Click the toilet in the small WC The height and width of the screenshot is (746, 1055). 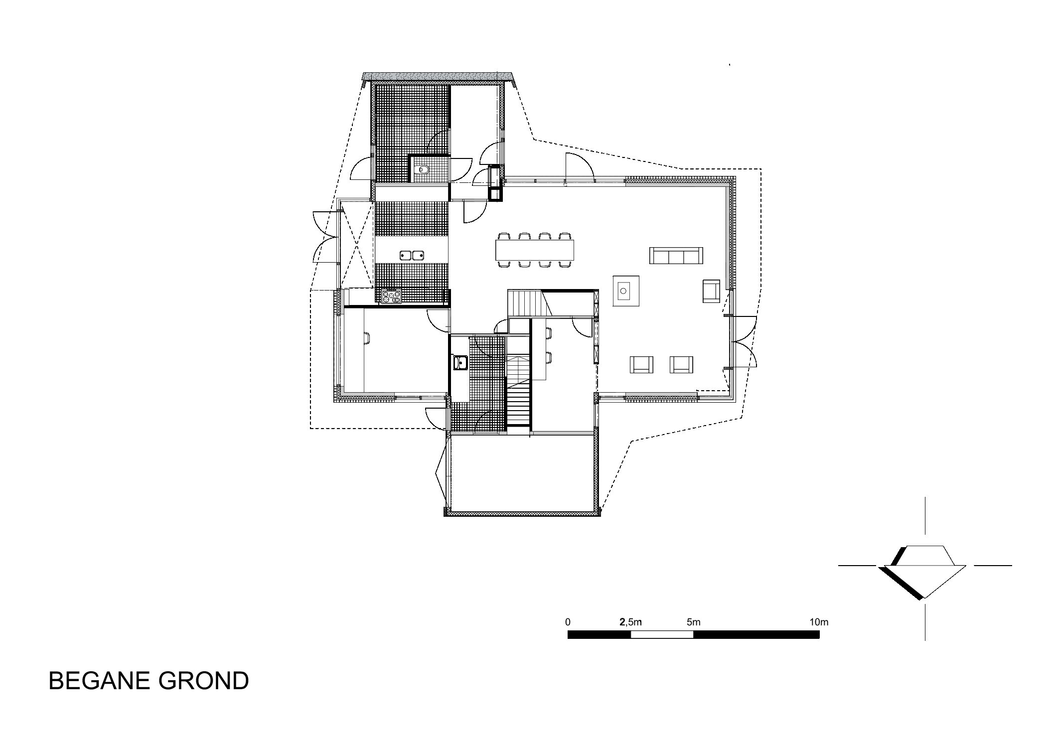tap(424, 169)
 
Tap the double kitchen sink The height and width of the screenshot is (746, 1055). tap(412, 256)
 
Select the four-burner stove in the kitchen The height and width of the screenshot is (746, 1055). tap(391, 297)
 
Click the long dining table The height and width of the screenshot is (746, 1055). tap(535, 250)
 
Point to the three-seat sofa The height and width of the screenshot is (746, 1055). tap(676, 256)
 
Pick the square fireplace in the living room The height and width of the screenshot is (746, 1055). tap(623, 289)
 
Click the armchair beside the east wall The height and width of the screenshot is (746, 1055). tap(711, 291)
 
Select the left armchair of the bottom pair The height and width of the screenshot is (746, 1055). tap(641, 364)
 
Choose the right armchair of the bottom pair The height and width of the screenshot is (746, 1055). tap(681, 364)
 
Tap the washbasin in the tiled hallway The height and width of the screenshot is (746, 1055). tap(459, 362)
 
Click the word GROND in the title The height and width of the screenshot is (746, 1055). tap(204, 680)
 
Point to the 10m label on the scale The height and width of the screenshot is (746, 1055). tap(819, 622)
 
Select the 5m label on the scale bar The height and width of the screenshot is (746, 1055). tap(693, 622)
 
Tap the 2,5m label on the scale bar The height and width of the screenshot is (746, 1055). tap(630, 622)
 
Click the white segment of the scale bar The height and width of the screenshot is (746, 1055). tap(662, 634)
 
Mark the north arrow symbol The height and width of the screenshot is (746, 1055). tap(924, 572)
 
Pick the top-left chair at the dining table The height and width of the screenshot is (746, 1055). tap(504, 237)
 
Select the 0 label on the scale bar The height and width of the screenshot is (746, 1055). tap(568, 622)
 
